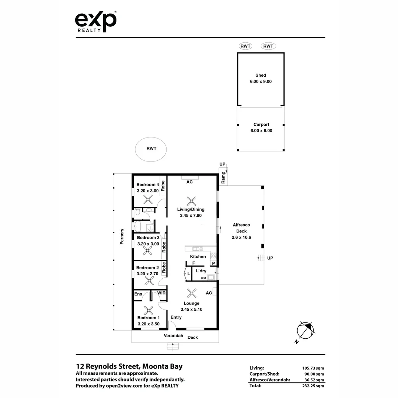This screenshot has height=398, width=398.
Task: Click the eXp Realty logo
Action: (x=96, y=21)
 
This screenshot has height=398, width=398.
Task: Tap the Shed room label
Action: (x=261, y=75)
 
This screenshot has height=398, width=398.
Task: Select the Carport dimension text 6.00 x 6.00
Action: (x=261, y=130)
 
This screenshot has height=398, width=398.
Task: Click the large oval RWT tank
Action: (x=151, y=149)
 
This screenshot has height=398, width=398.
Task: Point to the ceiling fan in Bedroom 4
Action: (x=148, y=200)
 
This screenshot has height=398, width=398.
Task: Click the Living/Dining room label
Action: (x=191, y=209)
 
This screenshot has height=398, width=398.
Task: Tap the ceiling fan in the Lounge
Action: (x=192, y=293)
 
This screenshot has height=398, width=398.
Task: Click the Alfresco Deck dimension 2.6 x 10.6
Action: (x=241, y=237)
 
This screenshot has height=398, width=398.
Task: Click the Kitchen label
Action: (x=198, y=256)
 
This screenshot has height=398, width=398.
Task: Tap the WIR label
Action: (x=161, y=293)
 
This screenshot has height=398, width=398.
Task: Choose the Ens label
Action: (x=138, y=294)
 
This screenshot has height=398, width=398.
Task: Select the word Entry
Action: (x=176, y=317)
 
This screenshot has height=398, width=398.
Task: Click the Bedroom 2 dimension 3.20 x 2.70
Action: (x=147, y=274)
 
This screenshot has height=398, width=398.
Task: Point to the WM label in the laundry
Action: (x=203, y=278)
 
